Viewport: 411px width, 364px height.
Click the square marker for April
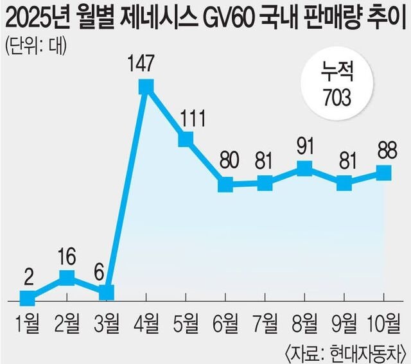pos(146,86)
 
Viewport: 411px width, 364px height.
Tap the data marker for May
pos(186,139)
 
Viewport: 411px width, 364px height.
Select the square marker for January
pos(27,298)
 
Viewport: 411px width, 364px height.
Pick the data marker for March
pos(107,293)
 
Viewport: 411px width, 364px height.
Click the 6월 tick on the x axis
pos(226,321)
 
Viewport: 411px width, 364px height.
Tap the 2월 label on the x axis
pos(67,321)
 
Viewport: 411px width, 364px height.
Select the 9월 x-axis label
pos(344,321)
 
